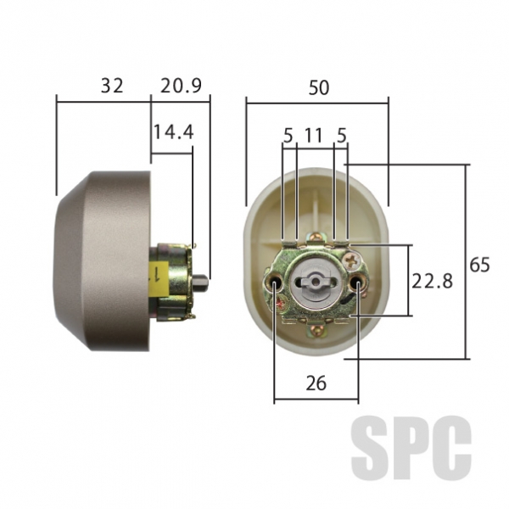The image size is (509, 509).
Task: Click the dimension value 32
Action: pos(112,86)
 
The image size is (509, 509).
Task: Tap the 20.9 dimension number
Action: pos(181,86)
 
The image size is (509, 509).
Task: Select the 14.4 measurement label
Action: pos(173,131)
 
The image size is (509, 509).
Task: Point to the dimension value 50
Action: pos(318,87)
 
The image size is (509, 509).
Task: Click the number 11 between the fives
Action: pos(314,135)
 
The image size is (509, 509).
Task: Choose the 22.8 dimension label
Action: pos(432,281)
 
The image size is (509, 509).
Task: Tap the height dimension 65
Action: pos(479,265)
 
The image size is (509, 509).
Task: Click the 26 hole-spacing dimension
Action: pos(316,383)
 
